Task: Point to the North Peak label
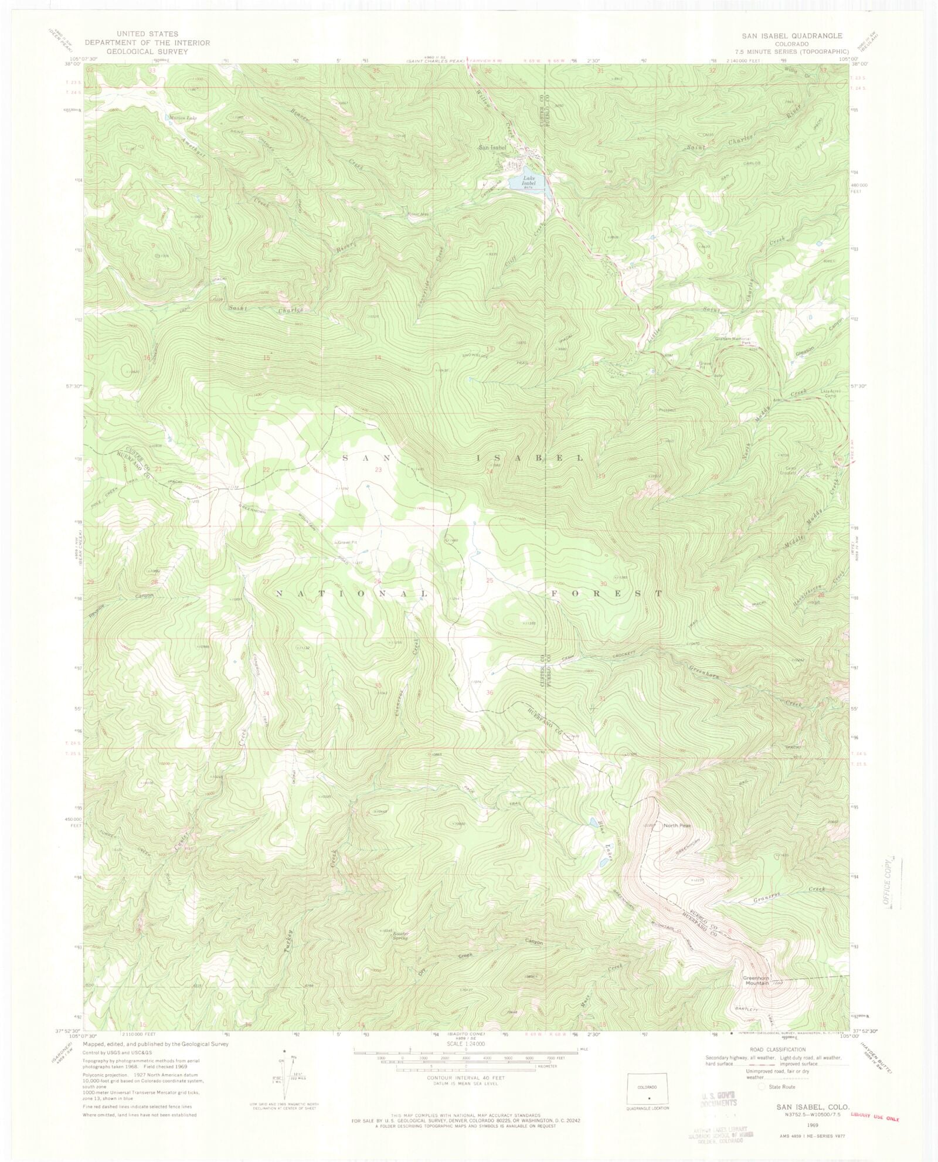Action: coord(677,825)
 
